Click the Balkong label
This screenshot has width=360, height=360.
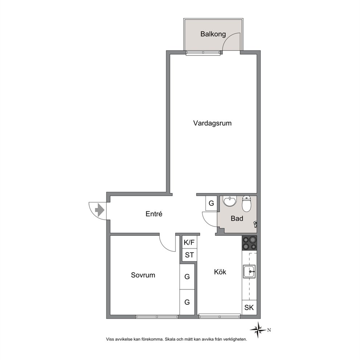click(213, 34)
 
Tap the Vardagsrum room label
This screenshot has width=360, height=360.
click(212, 123)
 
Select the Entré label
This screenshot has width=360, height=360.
click(154, 214)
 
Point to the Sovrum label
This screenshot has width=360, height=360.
click(143, 275)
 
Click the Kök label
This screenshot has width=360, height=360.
click(220, 272)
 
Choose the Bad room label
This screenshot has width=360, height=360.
click(237, 218)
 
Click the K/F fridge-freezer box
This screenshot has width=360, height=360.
click(189, 242)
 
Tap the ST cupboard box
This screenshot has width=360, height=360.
click(189, 255)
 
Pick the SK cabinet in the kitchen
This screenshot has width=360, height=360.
click(249, 307)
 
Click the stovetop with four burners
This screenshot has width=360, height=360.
click(249, 243)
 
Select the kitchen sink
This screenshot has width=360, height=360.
click(249, 271)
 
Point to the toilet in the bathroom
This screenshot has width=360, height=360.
click(246, 204)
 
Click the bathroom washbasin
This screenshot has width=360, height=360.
click(230, 201)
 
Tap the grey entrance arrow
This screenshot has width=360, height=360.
click(100, 210)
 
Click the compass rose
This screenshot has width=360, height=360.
click(258, 330)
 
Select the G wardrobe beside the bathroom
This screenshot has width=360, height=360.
click(211, 203)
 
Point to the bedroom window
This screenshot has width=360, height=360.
click(157, 317)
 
